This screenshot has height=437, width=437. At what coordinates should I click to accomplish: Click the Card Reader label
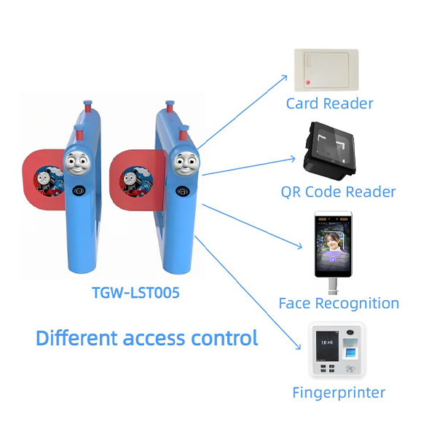[x=329, y=103]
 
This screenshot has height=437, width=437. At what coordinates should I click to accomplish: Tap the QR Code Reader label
[x=338, y=192]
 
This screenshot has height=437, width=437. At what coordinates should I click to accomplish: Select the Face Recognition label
[x=339, y=303]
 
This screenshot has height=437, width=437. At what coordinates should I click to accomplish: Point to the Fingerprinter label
[x=338, y=393]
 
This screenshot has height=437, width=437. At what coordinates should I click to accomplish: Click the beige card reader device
[x=326, y=70]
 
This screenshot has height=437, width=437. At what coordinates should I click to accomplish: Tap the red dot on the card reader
[x=310, y=79]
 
